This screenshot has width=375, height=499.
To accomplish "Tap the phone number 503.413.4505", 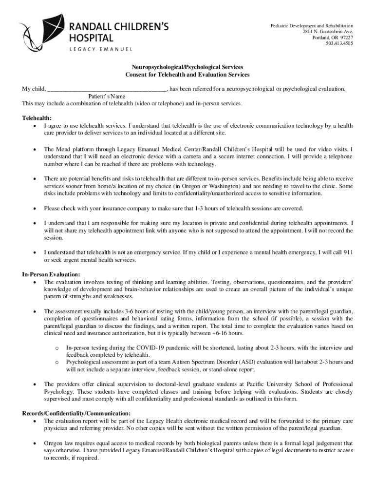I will pyautogui.click(x=339, y=43).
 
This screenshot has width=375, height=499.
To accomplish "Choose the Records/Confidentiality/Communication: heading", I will pyautogui.click(x=76, y=413).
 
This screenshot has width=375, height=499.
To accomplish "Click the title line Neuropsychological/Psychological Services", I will pyautogui.click(x=187, y=67).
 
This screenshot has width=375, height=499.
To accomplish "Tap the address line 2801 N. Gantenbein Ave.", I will pyautogui.click(x=328, y=32).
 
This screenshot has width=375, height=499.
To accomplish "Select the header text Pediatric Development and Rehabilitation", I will pyautogui.click(x=312, y=26).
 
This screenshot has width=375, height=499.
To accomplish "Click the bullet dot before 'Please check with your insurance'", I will pyautogui.click(x=34, y=209).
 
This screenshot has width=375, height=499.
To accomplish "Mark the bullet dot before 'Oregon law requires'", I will pyautogui.click(x=34, y=444).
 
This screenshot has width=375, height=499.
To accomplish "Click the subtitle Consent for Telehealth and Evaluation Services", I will pyautogui.click(x=187, y=75).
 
